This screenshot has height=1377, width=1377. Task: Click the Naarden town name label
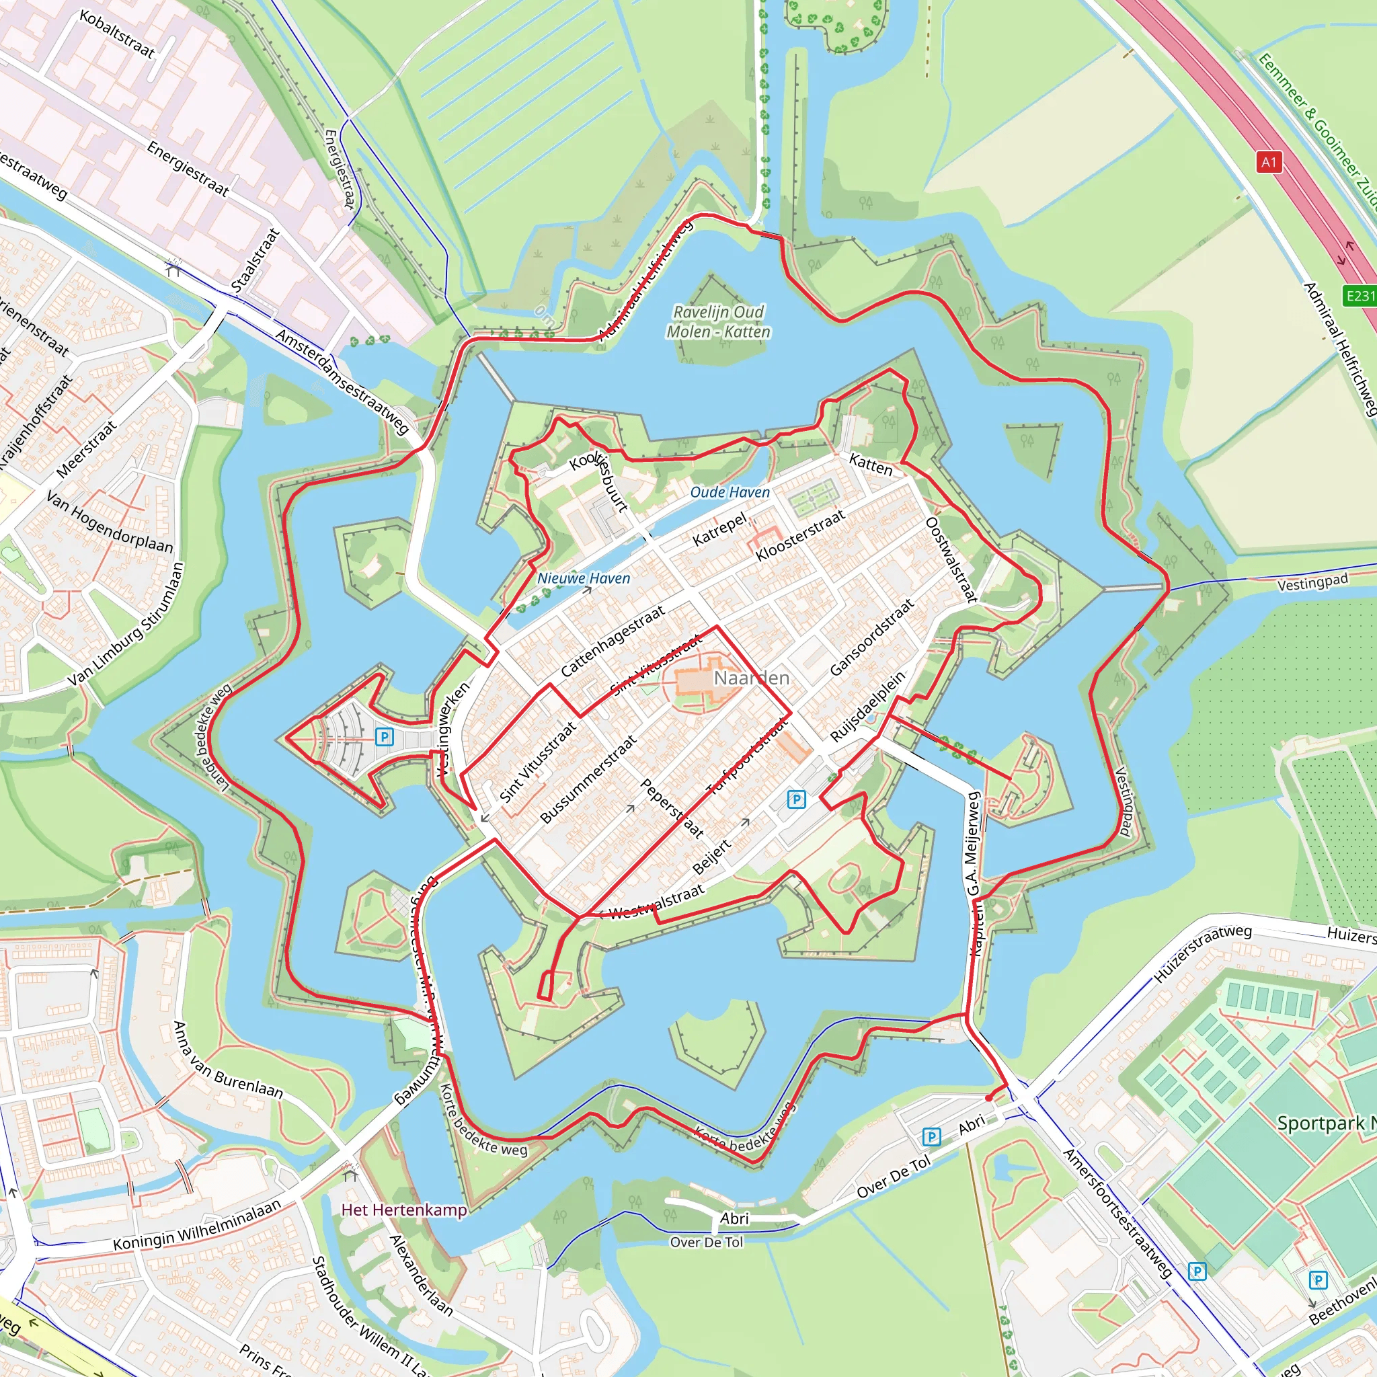(751, 678)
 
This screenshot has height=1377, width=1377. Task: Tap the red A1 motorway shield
(1269, 162)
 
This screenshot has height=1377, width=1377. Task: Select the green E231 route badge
(1359, 295)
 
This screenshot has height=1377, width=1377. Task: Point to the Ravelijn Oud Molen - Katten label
(719, 321)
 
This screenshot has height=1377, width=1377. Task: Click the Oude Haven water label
(729, 491)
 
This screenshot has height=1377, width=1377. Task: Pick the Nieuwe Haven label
(583, 578)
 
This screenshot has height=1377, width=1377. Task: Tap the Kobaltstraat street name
(117, 34)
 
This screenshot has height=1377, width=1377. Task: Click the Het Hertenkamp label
(404, 1210)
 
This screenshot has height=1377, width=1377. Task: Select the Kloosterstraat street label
(799, 535)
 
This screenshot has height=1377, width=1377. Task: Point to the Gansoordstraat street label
(871, 637)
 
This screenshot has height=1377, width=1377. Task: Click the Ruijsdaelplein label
(867, 705)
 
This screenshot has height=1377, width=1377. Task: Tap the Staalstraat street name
(255, 260)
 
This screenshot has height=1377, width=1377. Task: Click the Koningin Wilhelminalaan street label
(198, 1225)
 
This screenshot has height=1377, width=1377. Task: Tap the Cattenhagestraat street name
(613, 641)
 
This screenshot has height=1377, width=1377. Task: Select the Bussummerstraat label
(588, 780)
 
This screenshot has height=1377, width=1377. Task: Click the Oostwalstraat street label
(951, 559)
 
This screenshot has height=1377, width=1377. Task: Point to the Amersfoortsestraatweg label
(1116, 1212)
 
